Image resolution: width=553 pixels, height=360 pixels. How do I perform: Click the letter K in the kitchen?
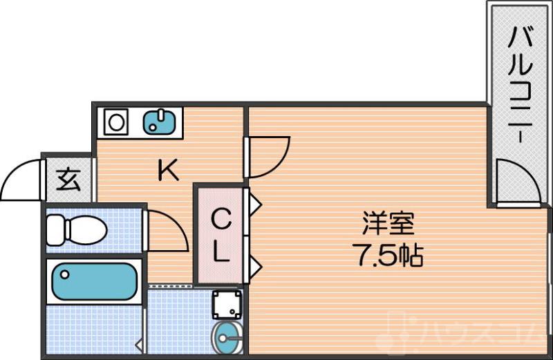tap(168, 169)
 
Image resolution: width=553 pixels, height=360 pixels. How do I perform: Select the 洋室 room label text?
tap(388, 225)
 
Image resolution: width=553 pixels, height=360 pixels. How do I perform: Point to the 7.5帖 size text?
tap(388, 256)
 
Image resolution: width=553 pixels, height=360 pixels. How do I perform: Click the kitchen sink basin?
tap(161, 123)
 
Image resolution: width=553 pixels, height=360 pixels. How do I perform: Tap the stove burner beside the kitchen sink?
tap(117, 123)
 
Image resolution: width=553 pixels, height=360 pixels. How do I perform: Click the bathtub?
tap(94, 281)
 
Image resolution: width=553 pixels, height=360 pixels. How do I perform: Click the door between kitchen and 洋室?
tap(268, 155)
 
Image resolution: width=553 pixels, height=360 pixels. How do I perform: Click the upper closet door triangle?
tap(254, 205)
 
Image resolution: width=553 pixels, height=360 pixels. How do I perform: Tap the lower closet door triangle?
tap(254, 265)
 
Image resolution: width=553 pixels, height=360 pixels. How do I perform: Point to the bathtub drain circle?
tap(64, 274)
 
